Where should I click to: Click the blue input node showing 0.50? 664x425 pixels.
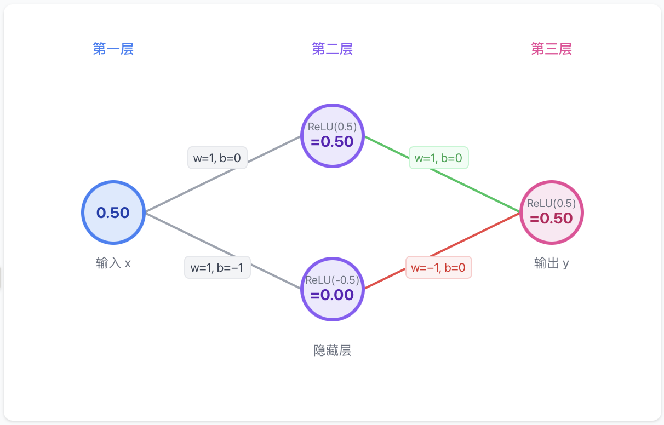tap(113, 213)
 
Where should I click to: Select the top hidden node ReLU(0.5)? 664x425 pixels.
tap(332, 136)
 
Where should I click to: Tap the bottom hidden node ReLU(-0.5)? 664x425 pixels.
tap(332, 289)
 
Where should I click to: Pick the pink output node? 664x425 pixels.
tap(551, 213)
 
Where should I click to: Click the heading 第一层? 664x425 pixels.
tap(113, 49)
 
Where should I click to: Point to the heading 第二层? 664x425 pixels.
tap(332, 49)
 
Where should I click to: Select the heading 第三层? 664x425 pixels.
tap(551, 49)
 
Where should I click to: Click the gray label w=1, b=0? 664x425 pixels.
tap(217, 158)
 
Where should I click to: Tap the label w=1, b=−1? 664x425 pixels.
tap(217, 268)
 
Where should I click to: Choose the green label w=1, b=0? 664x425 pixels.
tap(438, 158)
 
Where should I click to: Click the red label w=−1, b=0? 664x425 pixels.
tap(438, 268)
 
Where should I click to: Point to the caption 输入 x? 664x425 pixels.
tap(113, 263)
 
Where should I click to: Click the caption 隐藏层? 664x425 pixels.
tap(332, 351)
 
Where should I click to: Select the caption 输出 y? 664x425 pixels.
tap(551, 263)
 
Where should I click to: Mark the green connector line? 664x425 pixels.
tap(493, 199)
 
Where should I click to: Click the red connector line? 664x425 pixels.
tap(493, 226)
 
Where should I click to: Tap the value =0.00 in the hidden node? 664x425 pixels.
tap(332, 295)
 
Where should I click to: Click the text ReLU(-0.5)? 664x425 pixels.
tap(332, 280)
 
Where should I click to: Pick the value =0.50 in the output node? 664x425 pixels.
tap(551, 219)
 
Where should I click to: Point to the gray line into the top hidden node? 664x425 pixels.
tap(274, 147)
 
